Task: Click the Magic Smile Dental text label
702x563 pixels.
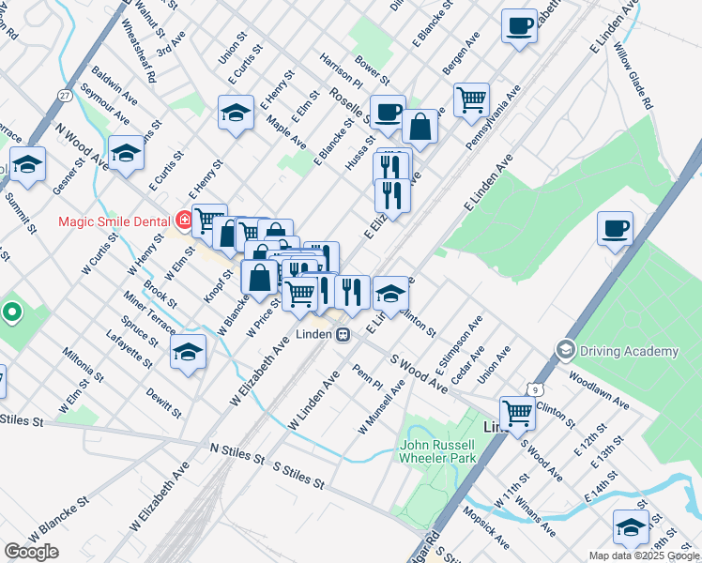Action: (x=113, y=222)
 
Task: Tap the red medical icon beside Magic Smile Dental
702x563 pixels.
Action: (x=184, y=221)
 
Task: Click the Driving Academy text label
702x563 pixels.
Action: (x=629, y=351)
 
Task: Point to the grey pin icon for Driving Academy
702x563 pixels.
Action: (x=565, y=350)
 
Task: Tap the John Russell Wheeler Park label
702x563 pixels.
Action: (x=437, y=451)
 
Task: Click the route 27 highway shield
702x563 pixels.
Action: (x=64, y=96)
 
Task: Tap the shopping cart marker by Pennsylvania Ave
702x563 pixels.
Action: (x=471, y=99)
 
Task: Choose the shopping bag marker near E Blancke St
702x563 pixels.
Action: (x=421, y=127)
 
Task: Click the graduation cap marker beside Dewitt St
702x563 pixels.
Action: (x=188, y=352)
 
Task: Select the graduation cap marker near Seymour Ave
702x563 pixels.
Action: (x=126, y=152)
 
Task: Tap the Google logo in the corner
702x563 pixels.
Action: (x=31, y=551)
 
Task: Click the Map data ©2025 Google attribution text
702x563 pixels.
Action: (x=643, y=555)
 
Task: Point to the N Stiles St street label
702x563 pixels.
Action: (x=237, y=453)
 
